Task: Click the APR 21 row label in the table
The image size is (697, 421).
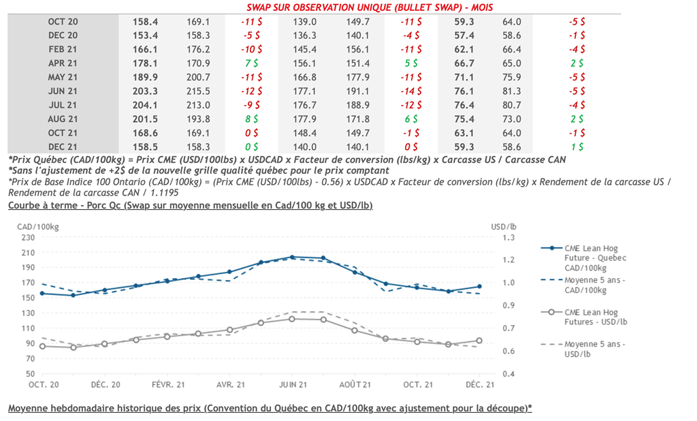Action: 63,63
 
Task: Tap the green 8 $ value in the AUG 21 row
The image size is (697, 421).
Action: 251,119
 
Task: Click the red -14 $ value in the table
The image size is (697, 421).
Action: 411,91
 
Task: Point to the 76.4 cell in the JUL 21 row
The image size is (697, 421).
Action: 464,105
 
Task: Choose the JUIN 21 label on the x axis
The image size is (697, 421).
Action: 292,385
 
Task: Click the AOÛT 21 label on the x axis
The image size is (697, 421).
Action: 355,385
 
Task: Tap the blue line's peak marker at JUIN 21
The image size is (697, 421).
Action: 292,257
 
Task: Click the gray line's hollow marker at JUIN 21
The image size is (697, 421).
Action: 292,318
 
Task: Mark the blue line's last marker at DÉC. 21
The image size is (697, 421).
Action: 479,287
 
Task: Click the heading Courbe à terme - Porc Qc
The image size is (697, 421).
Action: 189,205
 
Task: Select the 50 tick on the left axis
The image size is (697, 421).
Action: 29,374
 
